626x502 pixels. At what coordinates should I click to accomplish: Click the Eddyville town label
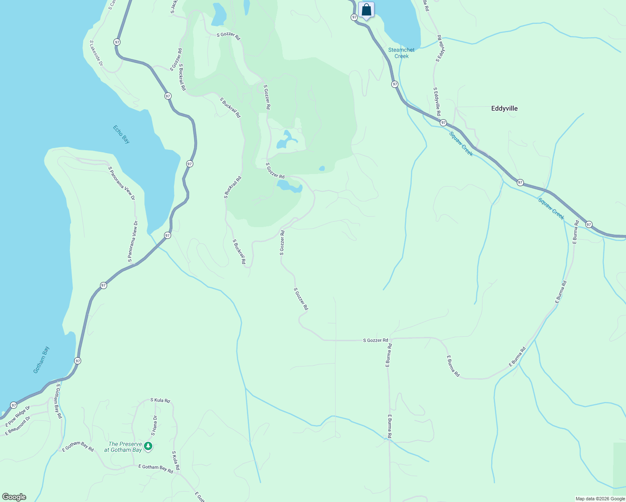(504, 108)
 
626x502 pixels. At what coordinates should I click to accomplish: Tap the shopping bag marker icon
(366, 10)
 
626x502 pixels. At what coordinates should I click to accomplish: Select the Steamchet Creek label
(401, 53)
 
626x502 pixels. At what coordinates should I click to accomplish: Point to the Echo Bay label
(121, 134)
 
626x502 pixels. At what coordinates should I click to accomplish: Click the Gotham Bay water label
(41, 359)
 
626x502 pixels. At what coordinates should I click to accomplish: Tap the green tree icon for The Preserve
(148, 446)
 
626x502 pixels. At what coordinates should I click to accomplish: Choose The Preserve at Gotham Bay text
(125, 447)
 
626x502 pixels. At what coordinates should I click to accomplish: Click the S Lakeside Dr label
(96, 53)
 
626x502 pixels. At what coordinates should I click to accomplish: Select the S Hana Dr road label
(154, 425)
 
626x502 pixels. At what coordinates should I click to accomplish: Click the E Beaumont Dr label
(18, 426)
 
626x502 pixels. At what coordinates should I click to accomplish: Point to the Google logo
(14, 497)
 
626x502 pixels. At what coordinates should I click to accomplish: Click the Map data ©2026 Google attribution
(600, 499)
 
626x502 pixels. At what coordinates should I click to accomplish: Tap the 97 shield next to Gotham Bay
(78, 361)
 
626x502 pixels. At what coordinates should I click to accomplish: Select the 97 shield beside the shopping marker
(354, 17)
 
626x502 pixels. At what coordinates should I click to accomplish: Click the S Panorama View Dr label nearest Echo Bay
(121, 183)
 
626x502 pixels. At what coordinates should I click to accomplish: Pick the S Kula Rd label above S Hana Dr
(160, 400)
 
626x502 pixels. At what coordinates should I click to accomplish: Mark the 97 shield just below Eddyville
(443, 123)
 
